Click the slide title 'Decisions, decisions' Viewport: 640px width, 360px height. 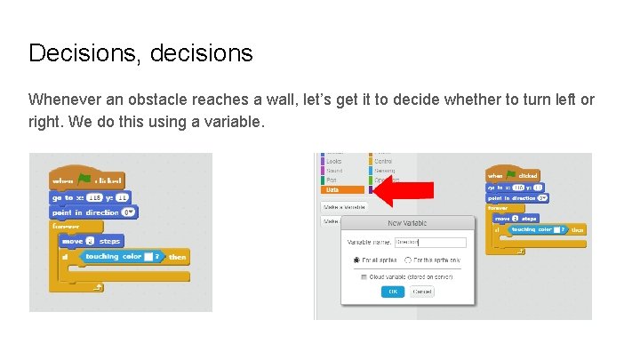pos(140,53)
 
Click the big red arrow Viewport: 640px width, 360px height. pos(402,189)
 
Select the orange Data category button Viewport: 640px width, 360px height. pos(342,189)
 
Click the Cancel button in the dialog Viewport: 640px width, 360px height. pos(422,291)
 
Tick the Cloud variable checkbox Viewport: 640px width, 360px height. pos(364,276)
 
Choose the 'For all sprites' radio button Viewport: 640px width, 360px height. pos(356,260)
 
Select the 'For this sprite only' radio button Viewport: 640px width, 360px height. pos(407,260)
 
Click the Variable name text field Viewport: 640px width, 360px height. pos(430,242)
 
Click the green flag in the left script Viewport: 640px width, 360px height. pos(84,179)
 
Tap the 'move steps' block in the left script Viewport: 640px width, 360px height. pos(90,241)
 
